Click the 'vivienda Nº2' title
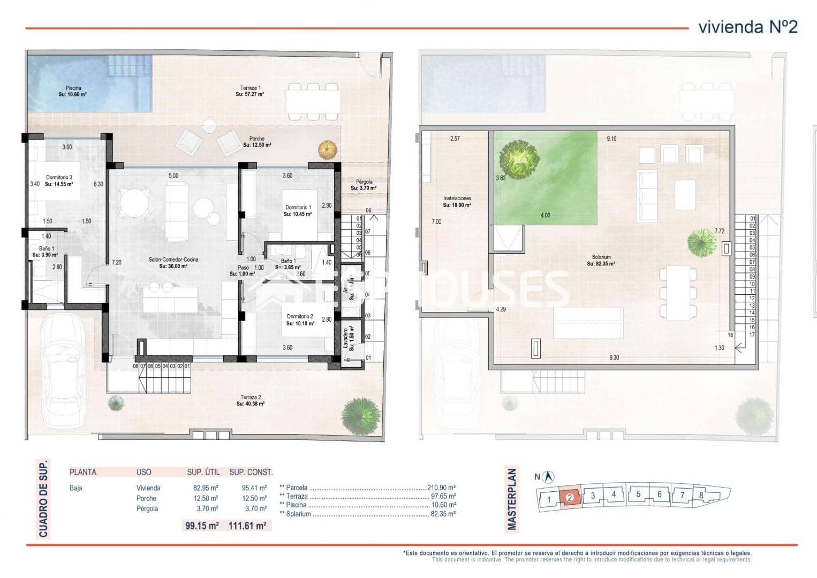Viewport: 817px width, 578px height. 747,27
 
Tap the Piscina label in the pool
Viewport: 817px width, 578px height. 73,90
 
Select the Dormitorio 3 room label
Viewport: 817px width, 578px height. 59,180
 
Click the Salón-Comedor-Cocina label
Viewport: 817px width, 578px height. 173,262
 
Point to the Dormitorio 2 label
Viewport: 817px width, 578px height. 299,320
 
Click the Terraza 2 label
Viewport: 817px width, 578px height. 251,400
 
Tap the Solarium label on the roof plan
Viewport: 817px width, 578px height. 600,260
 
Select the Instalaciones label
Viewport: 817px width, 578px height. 457,201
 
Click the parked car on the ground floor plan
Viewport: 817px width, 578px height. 64,369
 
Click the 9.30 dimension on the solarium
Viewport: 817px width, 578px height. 614,358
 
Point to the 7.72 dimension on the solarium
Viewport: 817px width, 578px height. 719,231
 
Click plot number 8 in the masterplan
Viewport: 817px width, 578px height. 701,495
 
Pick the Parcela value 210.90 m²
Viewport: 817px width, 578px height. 441,488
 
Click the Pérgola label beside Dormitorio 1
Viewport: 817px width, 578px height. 364,185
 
